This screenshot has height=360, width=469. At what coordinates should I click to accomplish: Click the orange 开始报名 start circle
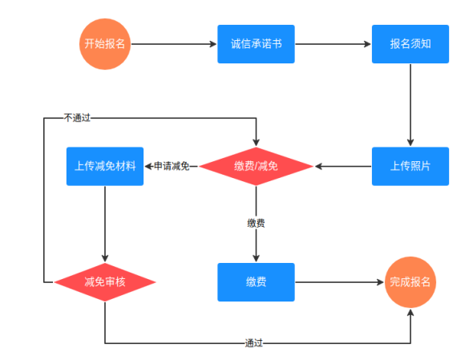coord(105,44)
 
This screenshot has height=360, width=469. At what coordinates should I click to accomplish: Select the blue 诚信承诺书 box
coord(256,44)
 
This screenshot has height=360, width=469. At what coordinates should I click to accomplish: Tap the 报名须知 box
coord(410,44)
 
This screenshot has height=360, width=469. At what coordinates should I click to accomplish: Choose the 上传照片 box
coord(410,166)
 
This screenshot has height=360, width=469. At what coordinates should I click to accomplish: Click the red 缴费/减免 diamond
coord(256,166)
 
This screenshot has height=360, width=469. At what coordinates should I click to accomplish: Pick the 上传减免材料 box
coord(105,166)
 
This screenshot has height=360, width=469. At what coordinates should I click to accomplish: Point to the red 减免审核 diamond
coord(105,282)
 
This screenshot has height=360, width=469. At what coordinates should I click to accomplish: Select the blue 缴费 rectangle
coord(256,282)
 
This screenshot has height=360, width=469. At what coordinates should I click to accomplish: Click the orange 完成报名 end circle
coord(410,282)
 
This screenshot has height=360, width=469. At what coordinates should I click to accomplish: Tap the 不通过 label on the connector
coord(77,118)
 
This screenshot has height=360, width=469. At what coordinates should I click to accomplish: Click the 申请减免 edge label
coord(172,166)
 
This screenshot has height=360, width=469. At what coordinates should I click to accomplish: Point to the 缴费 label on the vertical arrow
coord(256,223)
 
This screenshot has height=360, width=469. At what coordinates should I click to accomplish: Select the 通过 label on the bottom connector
coord(253,343)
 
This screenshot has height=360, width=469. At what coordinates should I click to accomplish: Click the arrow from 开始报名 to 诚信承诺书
coord(174,44)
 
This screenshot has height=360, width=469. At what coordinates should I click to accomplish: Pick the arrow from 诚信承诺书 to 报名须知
coord(333,44)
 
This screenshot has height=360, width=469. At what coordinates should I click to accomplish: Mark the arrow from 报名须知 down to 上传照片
coord(410,105)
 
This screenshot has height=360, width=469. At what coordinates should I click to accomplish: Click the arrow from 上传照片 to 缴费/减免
coord(343,166)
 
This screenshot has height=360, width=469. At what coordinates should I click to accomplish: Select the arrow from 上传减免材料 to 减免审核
coord(105,224)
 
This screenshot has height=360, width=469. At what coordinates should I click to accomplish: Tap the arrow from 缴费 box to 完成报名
coord(339,282)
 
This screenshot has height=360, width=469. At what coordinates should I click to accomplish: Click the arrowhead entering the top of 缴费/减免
coord(256,142)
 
